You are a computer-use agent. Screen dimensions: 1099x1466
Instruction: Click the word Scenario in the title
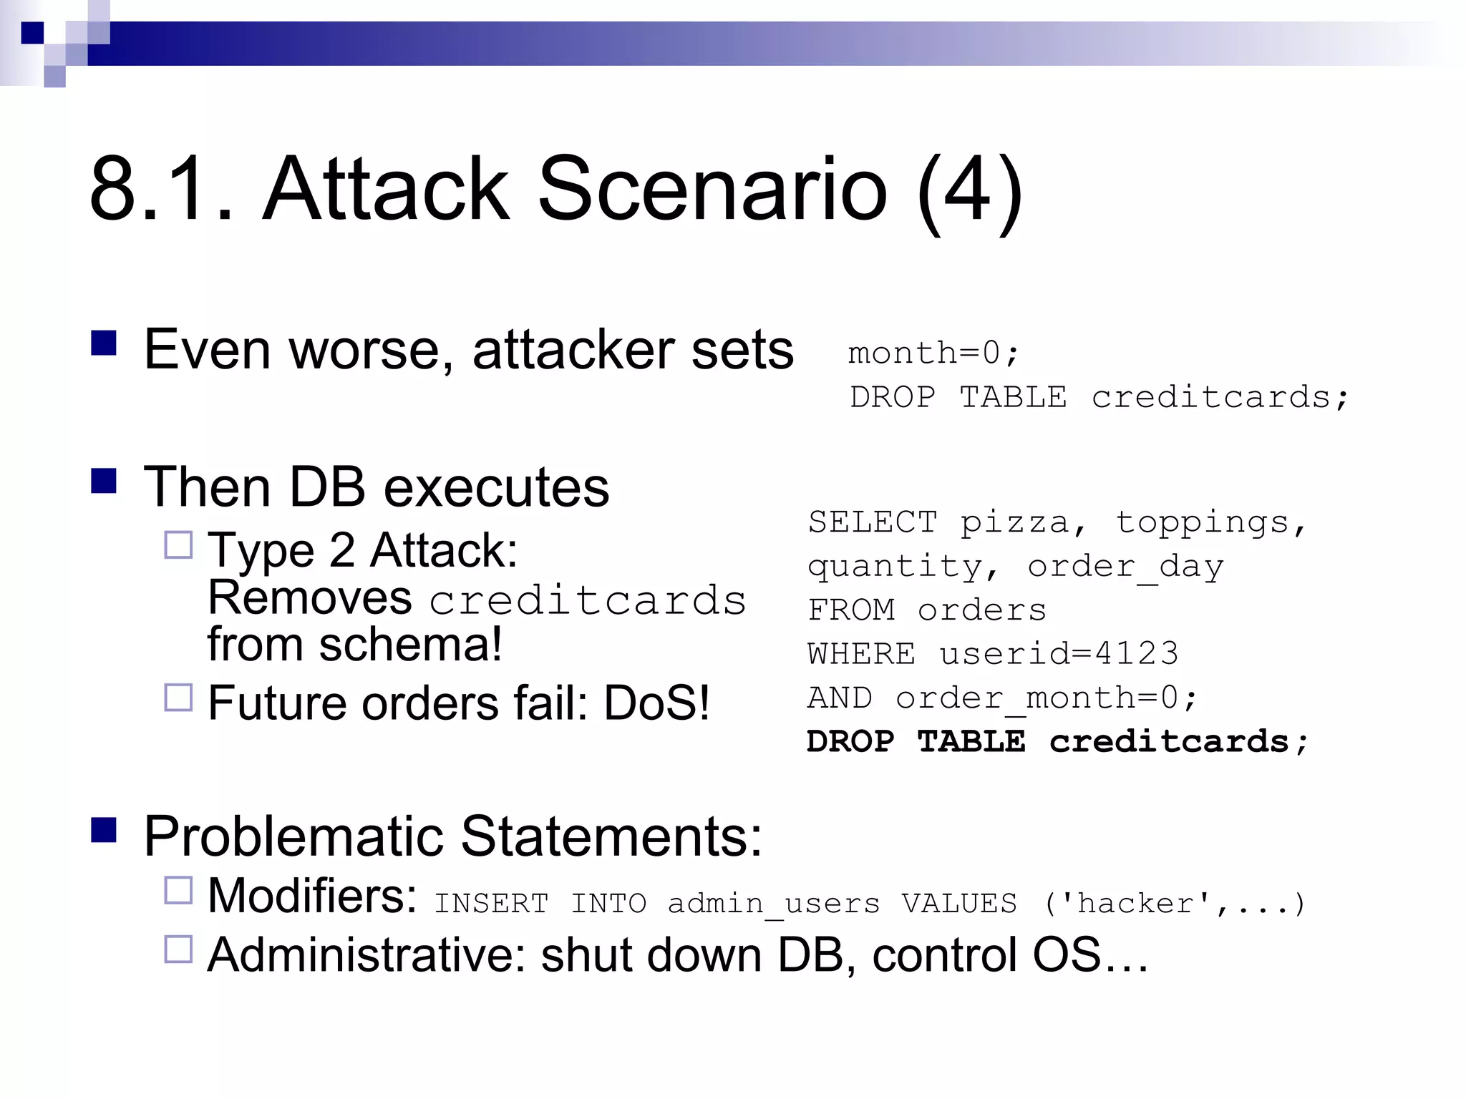[712, 190]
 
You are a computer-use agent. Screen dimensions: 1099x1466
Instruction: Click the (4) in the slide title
[970, 192]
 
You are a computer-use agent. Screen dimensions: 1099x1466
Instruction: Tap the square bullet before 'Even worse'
[104, 343]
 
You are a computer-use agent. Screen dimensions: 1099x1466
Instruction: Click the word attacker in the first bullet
[573, 351]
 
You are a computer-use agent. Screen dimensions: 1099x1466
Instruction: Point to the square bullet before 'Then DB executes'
[104, 481]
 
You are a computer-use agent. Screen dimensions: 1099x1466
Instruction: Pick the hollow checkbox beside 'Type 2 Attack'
[178, 545]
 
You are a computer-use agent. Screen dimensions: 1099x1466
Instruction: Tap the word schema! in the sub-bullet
[411, 645]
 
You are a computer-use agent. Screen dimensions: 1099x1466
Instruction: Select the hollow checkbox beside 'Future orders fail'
[178, 698]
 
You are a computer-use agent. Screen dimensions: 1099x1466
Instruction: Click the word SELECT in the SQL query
[873, 522]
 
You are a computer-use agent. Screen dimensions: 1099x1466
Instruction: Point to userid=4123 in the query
[1059, 654]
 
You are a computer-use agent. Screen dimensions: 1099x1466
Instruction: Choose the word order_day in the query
[1125, 567]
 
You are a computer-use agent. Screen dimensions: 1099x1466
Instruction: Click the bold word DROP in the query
[850, 742]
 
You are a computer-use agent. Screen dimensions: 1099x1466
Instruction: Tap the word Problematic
[293, 836]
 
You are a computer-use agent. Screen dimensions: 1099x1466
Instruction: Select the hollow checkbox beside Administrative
[178, 949]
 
